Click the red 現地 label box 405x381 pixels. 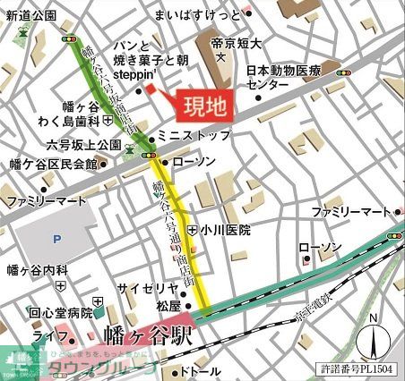pos(205,106)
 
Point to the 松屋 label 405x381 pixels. pos(168,306)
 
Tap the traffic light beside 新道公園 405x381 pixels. pos(68,39)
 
